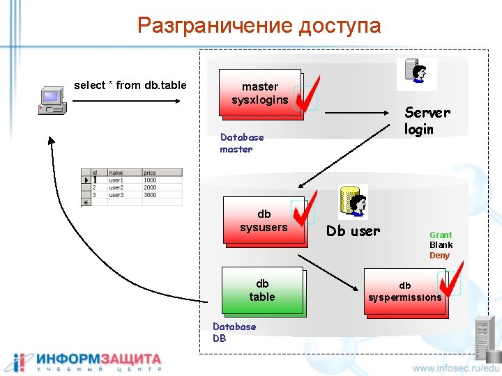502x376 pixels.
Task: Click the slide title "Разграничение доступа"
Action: click(x=259, y=26)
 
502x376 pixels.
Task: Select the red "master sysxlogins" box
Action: click(x=260, y=93)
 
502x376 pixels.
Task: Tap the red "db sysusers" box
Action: click(x=264, y=221)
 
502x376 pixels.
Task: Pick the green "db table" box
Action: click(x=262, y=290)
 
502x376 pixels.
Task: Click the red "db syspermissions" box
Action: click(x=404, y=292)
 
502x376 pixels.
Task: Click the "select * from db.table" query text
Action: click(x=130, y=85)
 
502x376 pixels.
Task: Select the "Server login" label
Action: click(x=427, y=120)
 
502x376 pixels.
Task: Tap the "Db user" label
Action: click(x=353, y=231)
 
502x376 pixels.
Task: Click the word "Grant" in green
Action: click(x=441, y=235)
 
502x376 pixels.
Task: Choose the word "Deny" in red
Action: click(x=439, y=256)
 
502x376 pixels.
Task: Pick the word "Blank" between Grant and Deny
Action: click(x=441, y=245)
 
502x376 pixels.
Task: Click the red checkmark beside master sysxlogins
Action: click(x=307, y=94)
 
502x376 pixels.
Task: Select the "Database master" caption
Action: click(x=241, y=143)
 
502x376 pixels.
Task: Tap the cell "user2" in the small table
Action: click(x=116, y=188)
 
